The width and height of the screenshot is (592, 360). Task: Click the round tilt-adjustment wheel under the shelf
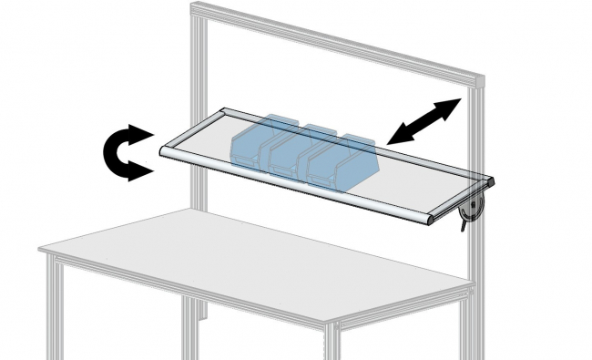[472, 211]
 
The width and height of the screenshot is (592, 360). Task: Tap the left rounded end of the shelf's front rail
[167, 150]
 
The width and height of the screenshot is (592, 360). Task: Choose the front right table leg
[332, 342]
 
